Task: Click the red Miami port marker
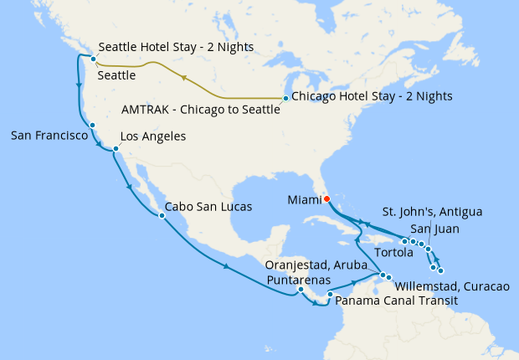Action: (x=326, y=198)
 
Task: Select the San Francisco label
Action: (x=49, y=135)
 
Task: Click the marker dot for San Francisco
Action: (x=92, y=126)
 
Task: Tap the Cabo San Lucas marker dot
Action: (x=161, y=215)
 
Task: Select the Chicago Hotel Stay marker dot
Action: (x=285, y=99)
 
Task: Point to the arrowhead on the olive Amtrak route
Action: (x=182, y=80)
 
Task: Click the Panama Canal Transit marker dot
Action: (x=330, y=294)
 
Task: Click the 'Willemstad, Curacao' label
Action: (x=450, y=286)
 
